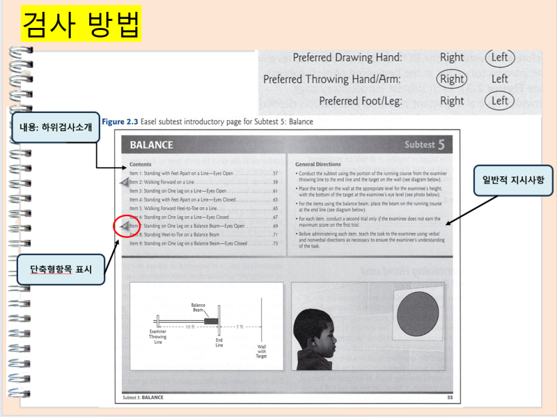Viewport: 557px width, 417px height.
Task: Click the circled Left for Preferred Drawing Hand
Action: [x=499, y=57]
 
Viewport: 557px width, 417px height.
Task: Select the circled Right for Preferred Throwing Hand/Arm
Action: [x=452, y=79]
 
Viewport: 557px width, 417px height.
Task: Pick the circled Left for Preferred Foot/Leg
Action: [x=499, y=100]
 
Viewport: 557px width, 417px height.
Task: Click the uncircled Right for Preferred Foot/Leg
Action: [x=452, y=100]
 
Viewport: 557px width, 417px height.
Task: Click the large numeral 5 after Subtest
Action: [x=441, y=144]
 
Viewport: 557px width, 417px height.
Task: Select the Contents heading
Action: [x=141, y=164]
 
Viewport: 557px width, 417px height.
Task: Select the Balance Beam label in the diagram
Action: [x=198, y=307]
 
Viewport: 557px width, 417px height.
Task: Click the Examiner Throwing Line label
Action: [x=158, y=336]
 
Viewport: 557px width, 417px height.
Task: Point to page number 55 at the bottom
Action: [x=449, y=397]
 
